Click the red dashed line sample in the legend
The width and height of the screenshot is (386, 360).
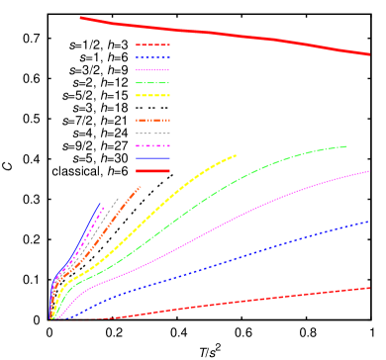[152, 45]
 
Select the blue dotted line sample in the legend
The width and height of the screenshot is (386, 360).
[152, 57]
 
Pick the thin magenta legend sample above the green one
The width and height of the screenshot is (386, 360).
[152, 70]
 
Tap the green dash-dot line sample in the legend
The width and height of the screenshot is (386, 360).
[152, 83]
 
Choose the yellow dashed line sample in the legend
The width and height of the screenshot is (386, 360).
[152, 96]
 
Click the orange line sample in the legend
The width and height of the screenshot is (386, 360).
[152, 121]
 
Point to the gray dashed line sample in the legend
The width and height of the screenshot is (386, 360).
[152, 134]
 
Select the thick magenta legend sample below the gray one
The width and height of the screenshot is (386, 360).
[152, 146]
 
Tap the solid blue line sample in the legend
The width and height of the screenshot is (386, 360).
[152, 158]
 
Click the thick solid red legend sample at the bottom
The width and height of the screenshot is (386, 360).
[152, 171]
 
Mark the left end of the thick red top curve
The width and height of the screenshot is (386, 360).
[81, 18]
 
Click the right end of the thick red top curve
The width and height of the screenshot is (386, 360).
[369, 54]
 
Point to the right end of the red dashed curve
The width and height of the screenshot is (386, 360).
[369, 288]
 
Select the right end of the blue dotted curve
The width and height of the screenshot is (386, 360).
[368, 222]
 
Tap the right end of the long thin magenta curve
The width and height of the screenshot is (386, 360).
[369, 171]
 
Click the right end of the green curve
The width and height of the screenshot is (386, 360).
[346, 146]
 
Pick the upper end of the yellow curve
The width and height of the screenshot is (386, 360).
[236, 155]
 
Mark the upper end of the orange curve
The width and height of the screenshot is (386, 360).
[140, 187]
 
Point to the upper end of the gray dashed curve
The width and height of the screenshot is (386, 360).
[119, 199]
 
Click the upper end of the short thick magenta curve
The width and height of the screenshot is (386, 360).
[106, 208]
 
